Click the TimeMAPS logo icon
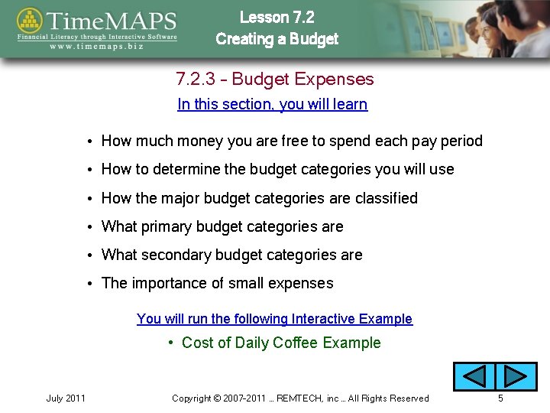30,22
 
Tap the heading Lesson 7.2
277,17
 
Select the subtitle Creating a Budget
277,39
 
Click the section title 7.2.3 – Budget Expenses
274,79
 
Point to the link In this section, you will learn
272,104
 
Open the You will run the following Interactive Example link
274,319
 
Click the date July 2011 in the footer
66,398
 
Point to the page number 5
500,398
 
